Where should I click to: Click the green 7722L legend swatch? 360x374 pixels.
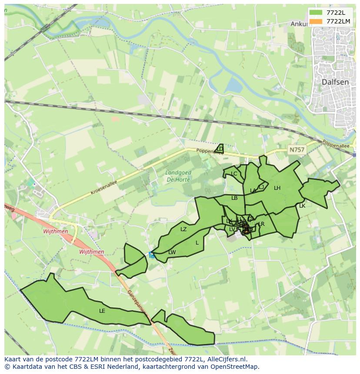pos(316,13)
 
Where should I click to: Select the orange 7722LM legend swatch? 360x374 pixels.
pos(316,21)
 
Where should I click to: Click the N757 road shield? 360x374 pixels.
pos(297,150)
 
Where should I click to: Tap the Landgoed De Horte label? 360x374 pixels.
pos(178,176)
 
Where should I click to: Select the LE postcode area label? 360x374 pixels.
pos(102,311)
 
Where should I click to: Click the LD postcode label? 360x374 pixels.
pos(220,149)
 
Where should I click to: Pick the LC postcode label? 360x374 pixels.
pos(234,174)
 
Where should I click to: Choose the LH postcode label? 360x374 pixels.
pos(277,188)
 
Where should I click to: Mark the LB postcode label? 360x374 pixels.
pos(234,198)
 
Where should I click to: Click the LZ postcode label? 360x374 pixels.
pos(183,229)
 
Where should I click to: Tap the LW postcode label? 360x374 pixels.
pos(172,252)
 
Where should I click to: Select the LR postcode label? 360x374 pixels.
pos(261,224)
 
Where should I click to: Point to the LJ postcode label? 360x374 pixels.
pos(261,187)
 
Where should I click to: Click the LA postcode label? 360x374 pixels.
pos(253,191)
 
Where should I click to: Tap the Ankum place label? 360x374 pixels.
pos(299,24)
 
